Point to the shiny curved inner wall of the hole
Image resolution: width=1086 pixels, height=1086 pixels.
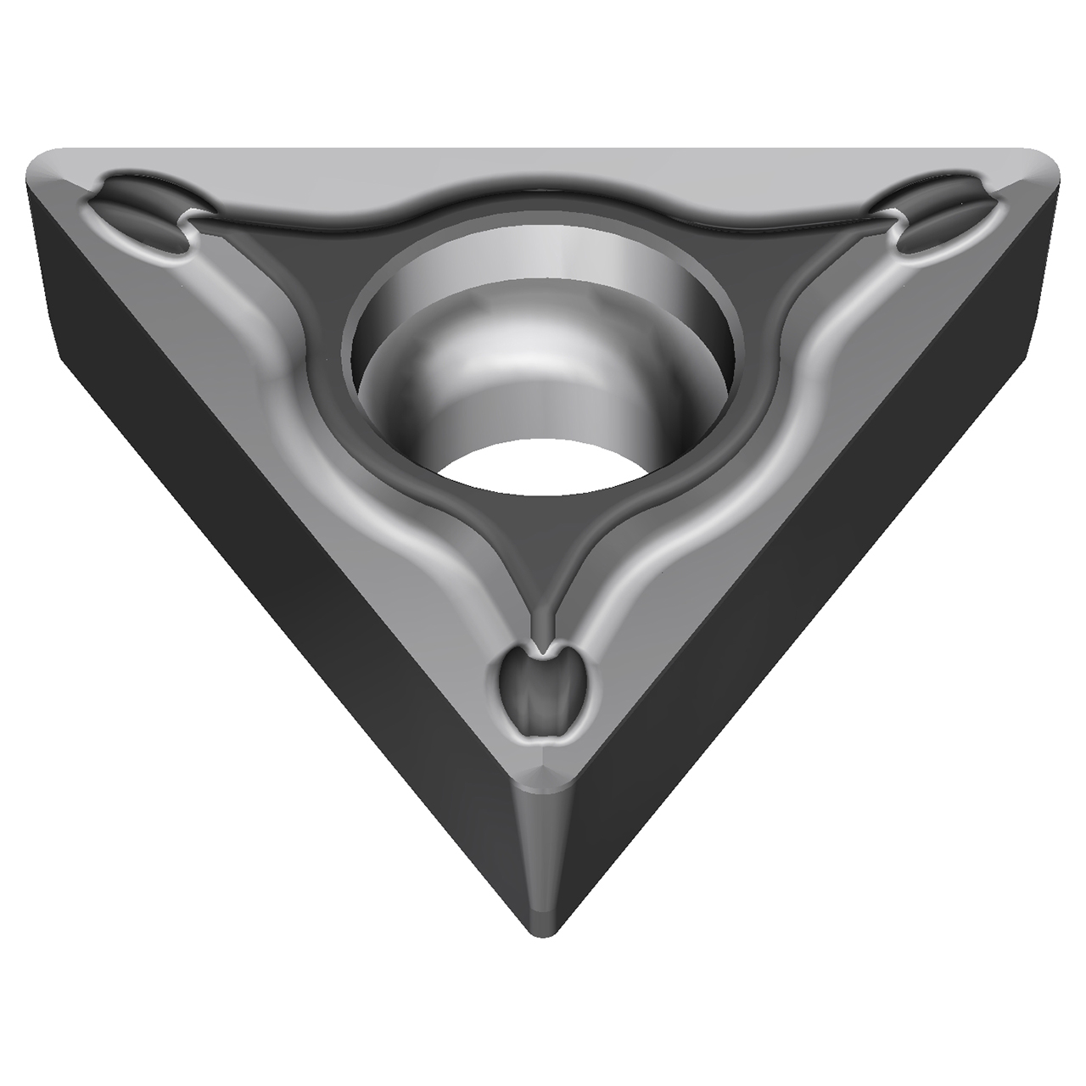click(x=475, y=365)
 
